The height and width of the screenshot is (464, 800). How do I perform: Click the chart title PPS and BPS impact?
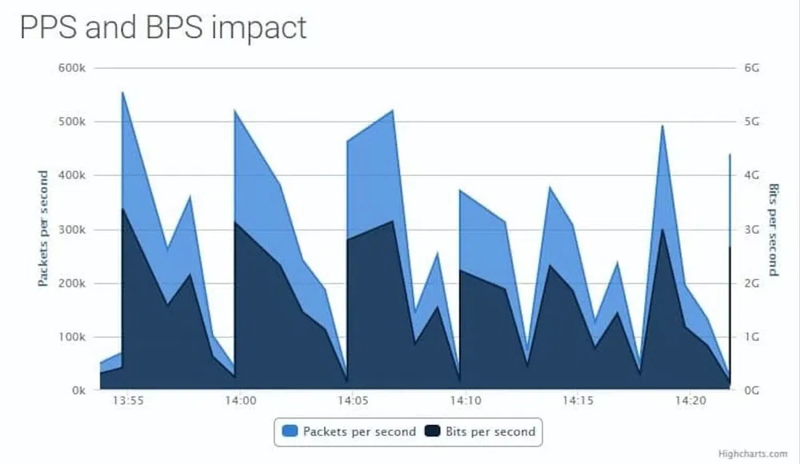162,27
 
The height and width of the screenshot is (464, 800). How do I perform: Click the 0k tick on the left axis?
77,390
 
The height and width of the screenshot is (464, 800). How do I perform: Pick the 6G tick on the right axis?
751,68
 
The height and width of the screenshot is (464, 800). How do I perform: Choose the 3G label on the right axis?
751,230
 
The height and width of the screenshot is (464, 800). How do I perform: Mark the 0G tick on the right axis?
751,390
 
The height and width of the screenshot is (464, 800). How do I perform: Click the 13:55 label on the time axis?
128,401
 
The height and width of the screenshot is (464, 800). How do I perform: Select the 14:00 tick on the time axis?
240,401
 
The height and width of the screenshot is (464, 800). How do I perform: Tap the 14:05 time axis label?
353,401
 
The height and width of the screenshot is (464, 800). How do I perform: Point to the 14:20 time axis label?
690,401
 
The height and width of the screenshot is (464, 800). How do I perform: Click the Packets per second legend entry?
349,432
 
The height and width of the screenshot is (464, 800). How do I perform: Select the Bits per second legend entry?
480,432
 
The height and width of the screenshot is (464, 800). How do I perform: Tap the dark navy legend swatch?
433,432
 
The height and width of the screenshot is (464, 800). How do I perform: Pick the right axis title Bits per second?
774,229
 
